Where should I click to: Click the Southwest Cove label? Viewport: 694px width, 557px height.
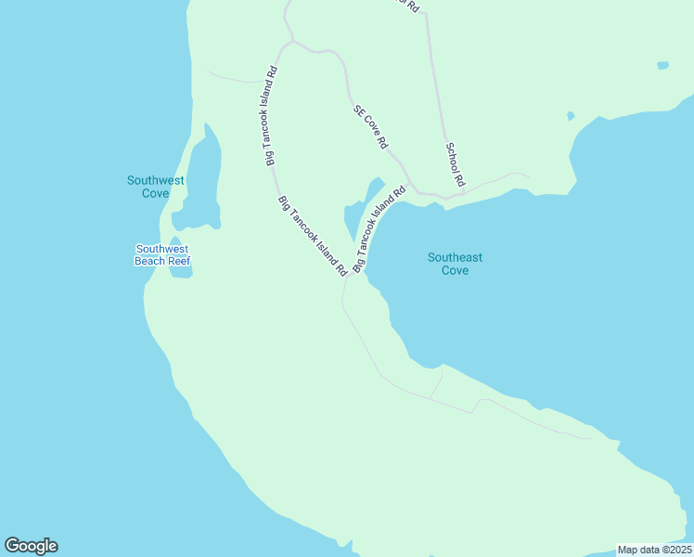click(155, 187)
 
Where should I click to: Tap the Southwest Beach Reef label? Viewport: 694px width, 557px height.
click(162, 254)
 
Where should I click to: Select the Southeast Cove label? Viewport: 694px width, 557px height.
click(455, 264)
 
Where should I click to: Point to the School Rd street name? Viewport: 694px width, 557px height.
click(454, 162)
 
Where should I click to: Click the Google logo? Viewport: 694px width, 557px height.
click(31, 546)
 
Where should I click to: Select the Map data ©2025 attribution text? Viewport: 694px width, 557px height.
click(654, 550)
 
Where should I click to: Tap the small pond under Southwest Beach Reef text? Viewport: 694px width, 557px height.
click(180, 272)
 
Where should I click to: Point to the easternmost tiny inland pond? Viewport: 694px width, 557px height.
click(662, 66)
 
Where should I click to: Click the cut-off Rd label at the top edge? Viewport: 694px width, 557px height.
click(409, 5)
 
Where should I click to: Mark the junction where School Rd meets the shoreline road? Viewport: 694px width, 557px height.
click(462, 194)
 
